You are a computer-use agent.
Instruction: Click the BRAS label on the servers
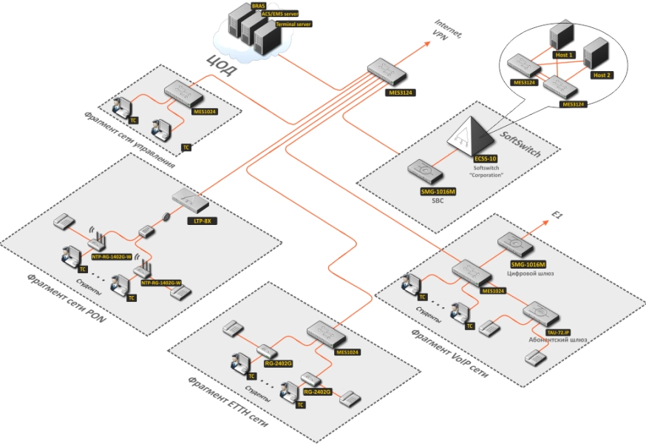[258, 5]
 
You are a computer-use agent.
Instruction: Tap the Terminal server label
[293, 24]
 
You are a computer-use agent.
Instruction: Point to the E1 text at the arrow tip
[559, 215]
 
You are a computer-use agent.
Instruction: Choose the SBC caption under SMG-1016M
[432, 201]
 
